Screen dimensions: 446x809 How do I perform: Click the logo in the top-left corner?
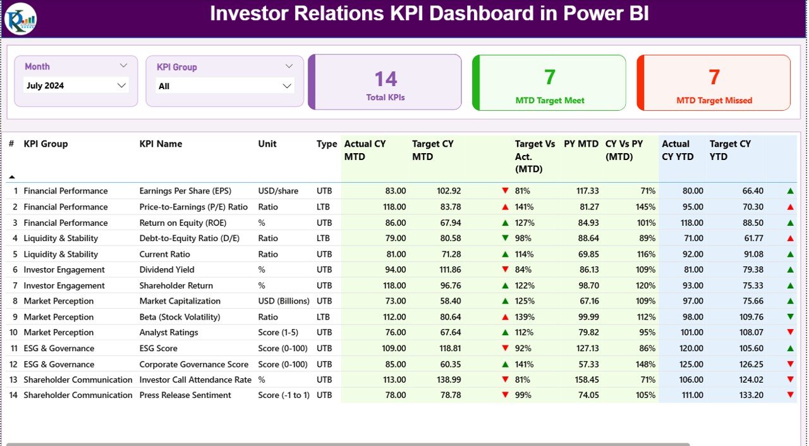point(20,18)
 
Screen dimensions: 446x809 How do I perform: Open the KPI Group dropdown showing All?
point(224,86)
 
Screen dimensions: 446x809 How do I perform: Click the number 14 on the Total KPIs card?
point(386,78)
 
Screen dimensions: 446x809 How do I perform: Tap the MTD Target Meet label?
point(550,100)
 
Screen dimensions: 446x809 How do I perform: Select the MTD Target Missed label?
point(714,100)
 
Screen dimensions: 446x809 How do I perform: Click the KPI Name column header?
point(161,144)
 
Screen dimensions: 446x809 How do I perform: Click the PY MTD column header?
point(581,144)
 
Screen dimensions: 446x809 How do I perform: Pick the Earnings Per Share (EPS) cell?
point(185,191)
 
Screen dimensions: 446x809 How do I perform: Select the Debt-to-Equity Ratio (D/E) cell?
point(190,238)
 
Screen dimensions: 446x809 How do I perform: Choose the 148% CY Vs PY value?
point(645,364)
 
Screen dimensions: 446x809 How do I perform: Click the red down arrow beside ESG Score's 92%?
point(505,349)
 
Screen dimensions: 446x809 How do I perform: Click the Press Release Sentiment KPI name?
point(185,395)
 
